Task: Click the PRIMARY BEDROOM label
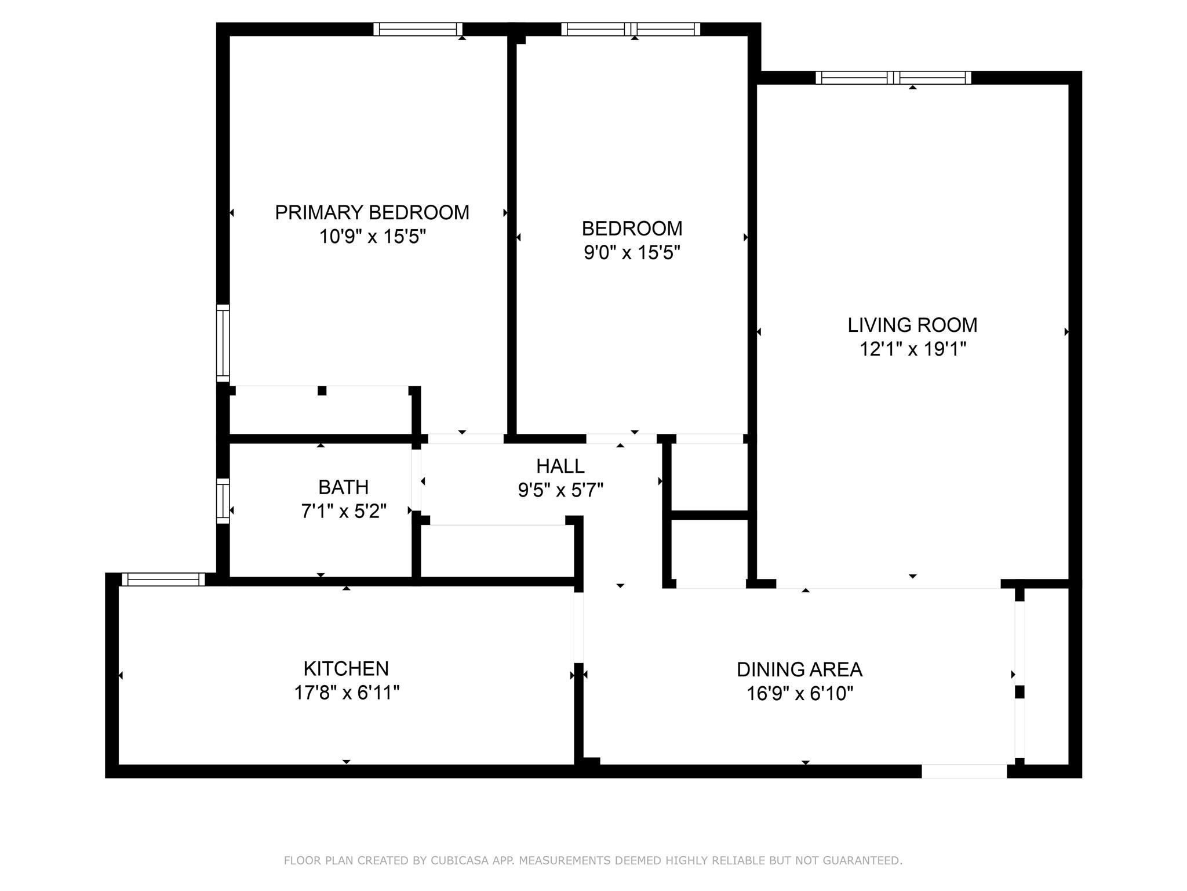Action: tap(372, 213)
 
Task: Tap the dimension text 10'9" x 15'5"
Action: tap(372, 237)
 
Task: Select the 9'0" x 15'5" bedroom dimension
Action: tap(631, 253)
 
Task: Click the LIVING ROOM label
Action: tap(912, 325)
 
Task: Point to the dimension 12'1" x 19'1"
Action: tap(912, 349)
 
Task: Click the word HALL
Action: tap(560, 466)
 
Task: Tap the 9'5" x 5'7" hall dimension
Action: tap(560, 490)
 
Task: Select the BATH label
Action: tap(343, 487)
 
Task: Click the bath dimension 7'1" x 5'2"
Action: tap(343, 511)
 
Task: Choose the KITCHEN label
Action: tap(345, 669)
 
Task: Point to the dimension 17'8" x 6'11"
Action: tap(346, 693)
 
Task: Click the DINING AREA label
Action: tap(799, 669)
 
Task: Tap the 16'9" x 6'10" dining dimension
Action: tap(799, 693)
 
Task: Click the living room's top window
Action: tap(893, 78)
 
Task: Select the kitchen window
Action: tap(163, 579)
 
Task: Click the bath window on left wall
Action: tap(223, 501)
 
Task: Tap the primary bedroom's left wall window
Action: tap(223, 343)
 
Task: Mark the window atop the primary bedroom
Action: tap(417, 29)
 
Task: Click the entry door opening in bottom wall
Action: tap(964, 771)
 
